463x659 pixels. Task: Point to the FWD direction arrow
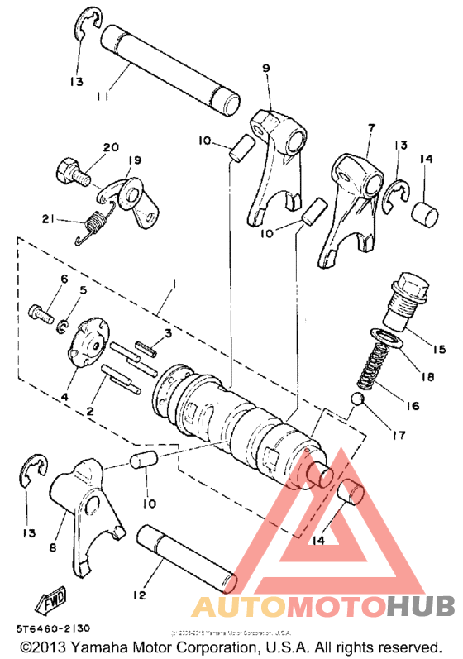[x=50, y=598]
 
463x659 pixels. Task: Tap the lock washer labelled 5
[x=64, y=327]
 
